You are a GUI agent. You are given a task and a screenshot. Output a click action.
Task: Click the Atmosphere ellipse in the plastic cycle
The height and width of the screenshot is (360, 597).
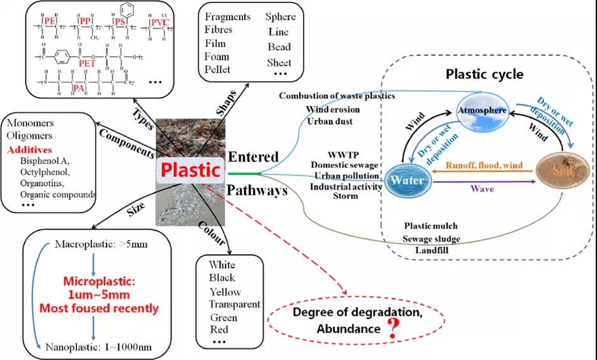pos(482,110)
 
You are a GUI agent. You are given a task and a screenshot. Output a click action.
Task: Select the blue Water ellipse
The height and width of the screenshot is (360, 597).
pos(408,179)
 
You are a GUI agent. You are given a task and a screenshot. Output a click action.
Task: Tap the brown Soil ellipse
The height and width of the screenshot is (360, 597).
pos(561,171)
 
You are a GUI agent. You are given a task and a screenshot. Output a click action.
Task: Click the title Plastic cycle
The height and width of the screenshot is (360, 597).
pos(485,74)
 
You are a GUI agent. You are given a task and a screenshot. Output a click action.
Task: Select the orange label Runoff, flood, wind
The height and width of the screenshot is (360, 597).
pos(484,166)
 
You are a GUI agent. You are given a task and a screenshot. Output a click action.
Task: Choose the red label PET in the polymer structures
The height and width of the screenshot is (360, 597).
pos(87,64)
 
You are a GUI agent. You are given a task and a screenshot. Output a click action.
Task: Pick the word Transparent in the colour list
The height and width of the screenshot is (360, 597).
pos(235,304)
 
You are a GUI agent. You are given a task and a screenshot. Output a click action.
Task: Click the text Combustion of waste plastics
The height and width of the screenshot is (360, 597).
pos(337,96)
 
